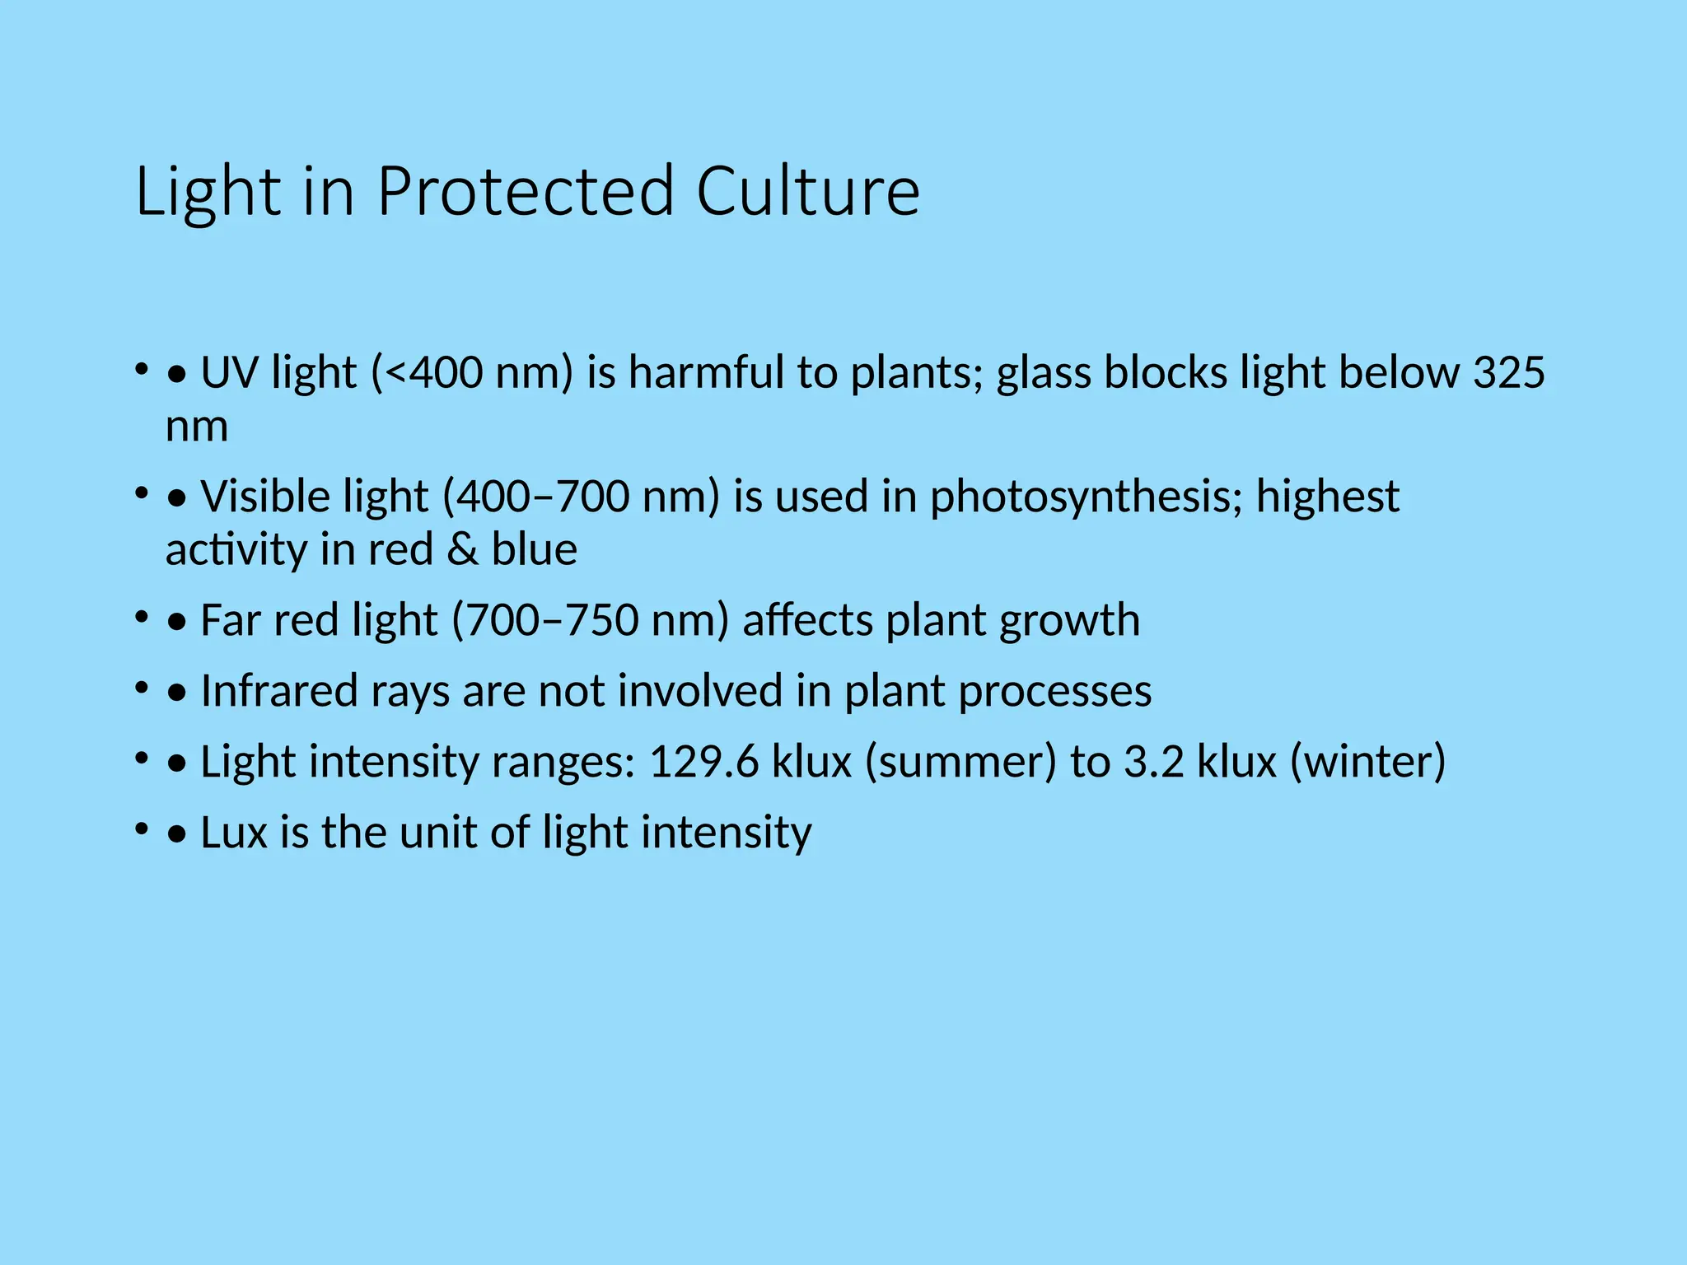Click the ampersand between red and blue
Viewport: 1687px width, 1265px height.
coord(462,549)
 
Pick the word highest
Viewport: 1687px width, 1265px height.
coord(1328,497)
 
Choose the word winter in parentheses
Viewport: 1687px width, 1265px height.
coord(1367,762)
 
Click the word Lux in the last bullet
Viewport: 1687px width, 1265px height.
coord(234,833)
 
